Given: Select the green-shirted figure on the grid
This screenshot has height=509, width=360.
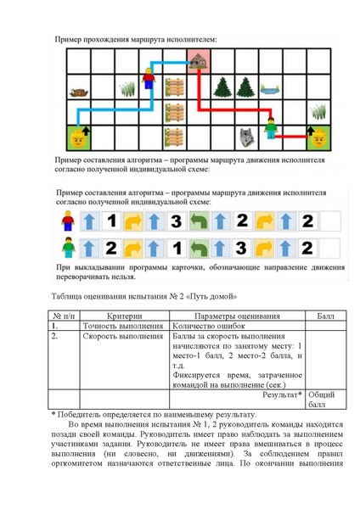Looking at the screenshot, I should click(x=271, y=128).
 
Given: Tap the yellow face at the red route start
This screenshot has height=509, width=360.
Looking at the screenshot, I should click(x=319, y=135).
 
